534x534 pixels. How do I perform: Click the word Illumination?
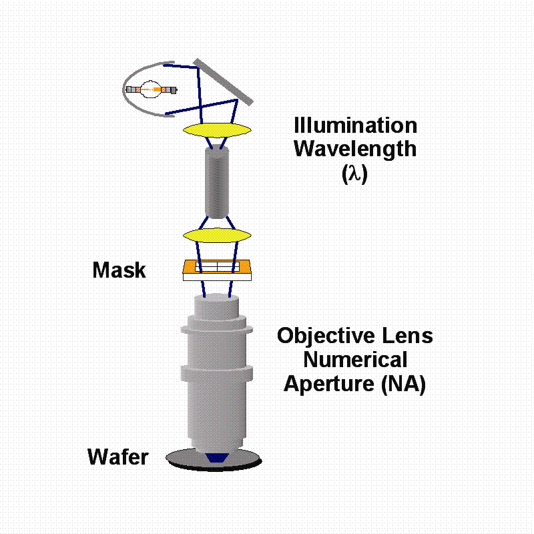coord(355,125)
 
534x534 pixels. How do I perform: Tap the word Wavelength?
coord(355,150)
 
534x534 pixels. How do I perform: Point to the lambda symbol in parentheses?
coord(355,174)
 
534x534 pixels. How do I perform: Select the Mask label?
coord(119,270)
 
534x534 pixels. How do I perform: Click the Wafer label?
coord(118,457)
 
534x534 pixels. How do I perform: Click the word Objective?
coord(326,336)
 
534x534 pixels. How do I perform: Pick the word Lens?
coord(407,336)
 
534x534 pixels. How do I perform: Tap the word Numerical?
coord(355,360)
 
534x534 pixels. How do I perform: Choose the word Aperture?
coord(329,384)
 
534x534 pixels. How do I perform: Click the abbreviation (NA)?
coord(404,384)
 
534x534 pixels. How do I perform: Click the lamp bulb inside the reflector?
coord(150,89)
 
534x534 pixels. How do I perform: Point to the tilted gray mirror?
coord(223,82)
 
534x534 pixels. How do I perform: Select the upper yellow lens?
coord(218,130)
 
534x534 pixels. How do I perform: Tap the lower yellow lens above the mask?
coord(218,236)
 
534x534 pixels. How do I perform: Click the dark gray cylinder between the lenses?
coord(217,182)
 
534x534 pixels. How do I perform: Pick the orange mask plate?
coord(217,267)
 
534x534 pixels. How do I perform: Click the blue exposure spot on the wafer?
coord(216,458)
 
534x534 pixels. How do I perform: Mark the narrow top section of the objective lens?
coord(216,306)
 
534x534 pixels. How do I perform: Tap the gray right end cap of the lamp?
coord(173,90)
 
